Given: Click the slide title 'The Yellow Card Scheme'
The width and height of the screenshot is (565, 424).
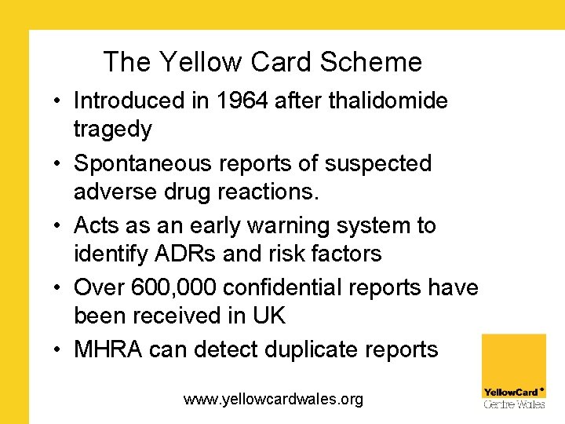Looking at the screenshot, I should pyautogui.click(x=262, y=62).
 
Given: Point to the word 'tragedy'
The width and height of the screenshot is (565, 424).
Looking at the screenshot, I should pyautogui.click(x=112, y=128).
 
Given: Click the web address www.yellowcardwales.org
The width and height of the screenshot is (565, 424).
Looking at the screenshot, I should pyautogui.click(x=273, y=400).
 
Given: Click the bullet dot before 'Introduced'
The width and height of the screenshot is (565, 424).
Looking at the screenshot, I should pyautogui.click(x=60, y=101).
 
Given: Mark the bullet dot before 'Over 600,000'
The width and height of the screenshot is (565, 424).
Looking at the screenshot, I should pyautogui.click(x=60, y=289).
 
